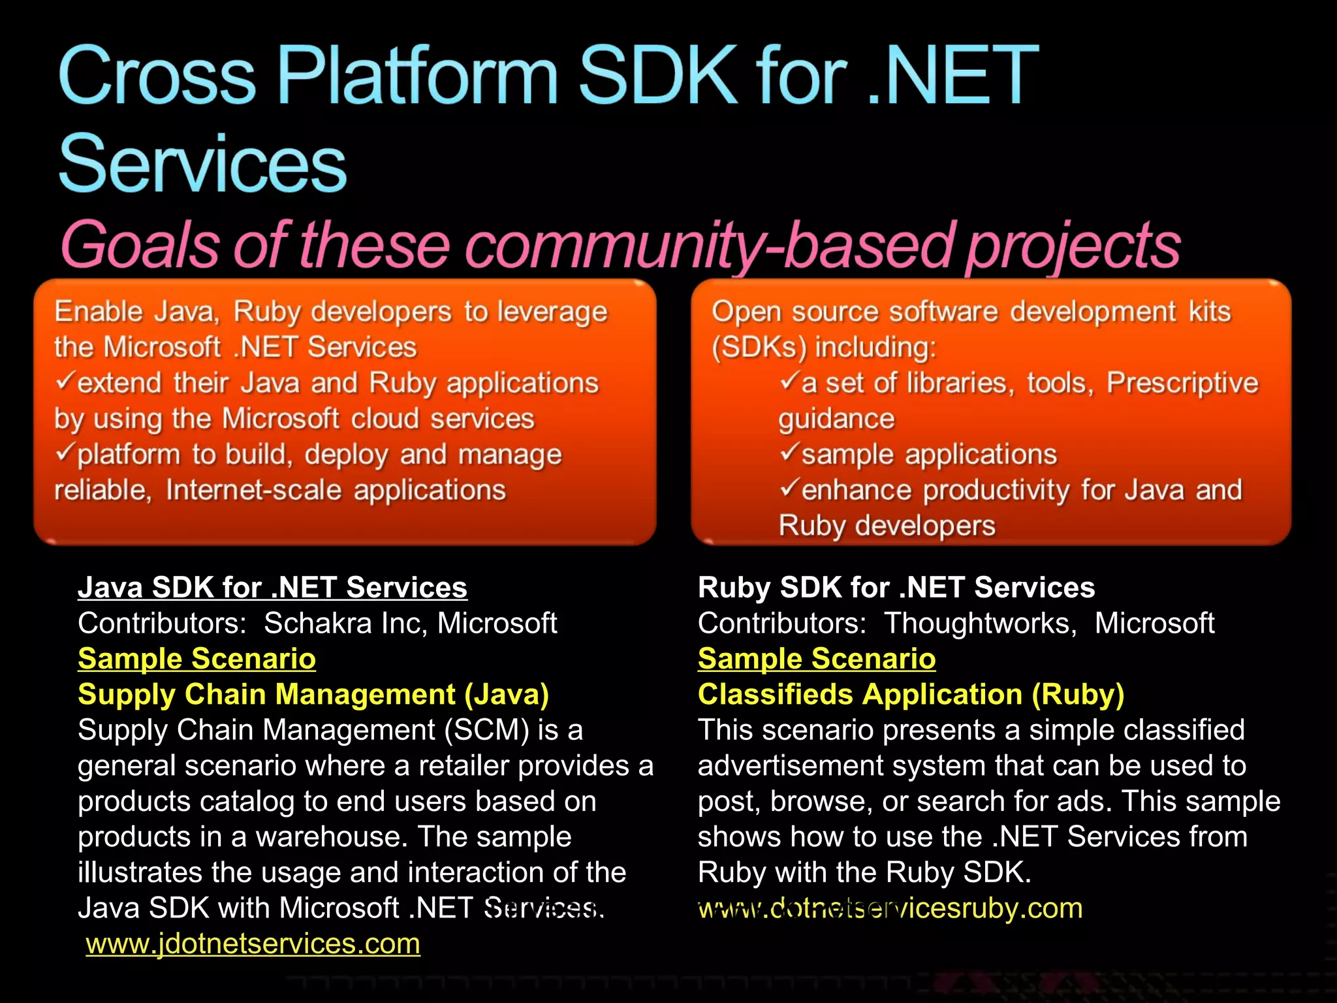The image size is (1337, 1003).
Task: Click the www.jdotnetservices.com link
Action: point(253,944)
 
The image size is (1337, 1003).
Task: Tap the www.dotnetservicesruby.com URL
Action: point(890,908)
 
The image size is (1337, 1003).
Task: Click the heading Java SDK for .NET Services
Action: point(272,588)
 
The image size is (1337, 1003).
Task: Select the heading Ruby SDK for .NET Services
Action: point(896,588)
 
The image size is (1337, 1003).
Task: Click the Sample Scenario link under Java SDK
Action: point(197,659)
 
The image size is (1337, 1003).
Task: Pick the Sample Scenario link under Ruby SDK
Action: point(816,659)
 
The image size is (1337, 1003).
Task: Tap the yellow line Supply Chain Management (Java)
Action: point(313,695)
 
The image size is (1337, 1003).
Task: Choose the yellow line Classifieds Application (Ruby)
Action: point(911,695)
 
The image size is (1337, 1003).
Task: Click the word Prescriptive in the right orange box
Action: point(1182,383)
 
